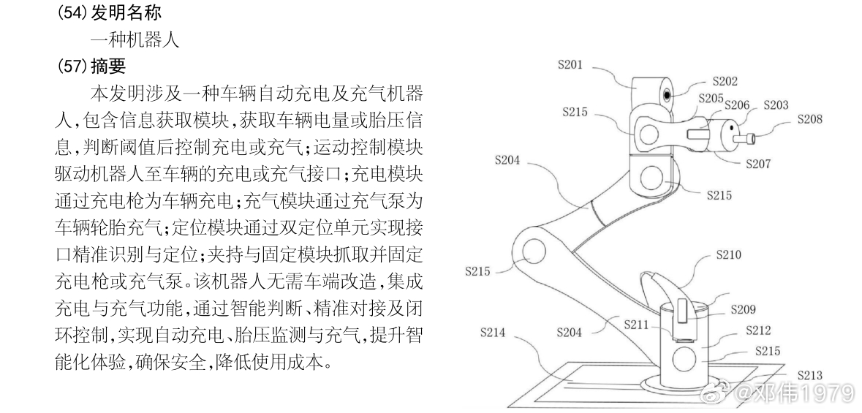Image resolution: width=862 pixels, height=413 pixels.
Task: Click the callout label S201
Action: pos(571,65)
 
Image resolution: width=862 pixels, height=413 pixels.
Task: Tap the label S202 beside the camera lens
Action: pos(725,82)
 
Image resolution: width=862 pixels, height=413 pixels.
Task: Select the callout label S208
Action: pos(809,118)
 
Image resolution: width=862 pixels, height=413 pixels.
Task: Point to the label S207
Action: pos(757,164)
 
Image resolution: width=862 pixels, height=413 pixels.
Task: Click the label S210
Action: pos(728,255)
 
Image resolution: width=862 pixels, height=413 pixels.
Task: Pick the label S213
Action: pos(810,375)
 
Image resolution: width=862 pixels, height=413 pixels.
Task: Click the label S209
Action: pos(743,310)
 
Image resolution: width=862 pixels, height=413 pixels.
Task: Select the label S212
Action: pos(758,331)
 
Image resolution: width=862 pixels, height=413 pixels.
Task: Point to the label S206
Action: pos(738,105)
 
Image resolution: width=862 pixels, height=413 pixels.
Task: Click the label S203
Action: pos(776,105)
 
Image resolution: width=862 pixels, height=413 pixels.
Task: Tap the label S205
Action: pos(711,97)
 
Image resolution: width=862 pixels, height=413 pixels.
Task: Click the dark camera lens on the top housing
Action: pos(668,95)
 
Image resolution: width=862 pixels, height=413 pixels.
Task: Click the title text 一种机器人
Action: pos(135,39)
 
